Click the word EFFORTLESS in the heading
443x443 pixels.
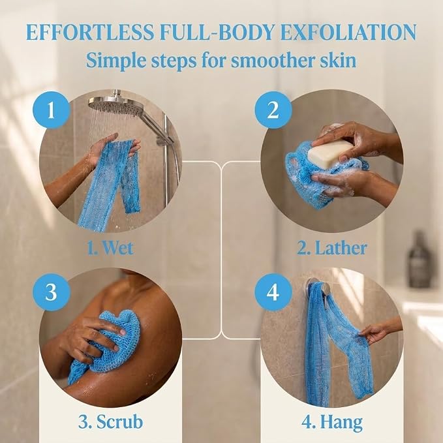pos(91,32)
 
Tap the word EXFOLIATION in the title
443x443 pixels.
pos(348,32)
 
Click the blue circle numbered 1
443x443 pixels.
pos(51,110)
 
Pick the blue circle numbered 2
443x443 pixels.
pos(273,110)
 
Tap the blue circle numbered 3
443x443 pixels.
pos(51,292)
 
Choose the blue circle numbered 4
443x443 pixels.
pos(273,292)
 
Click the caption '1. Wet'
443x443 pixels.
pos(110,248)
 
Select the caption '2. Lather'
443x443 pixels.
pos(332,248)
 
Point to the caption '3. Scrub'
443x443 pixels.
pos(110,422)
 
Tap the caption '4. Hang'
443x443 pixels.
pos(332,423)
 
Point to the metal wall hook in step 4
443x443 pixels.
pos(319,288)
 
